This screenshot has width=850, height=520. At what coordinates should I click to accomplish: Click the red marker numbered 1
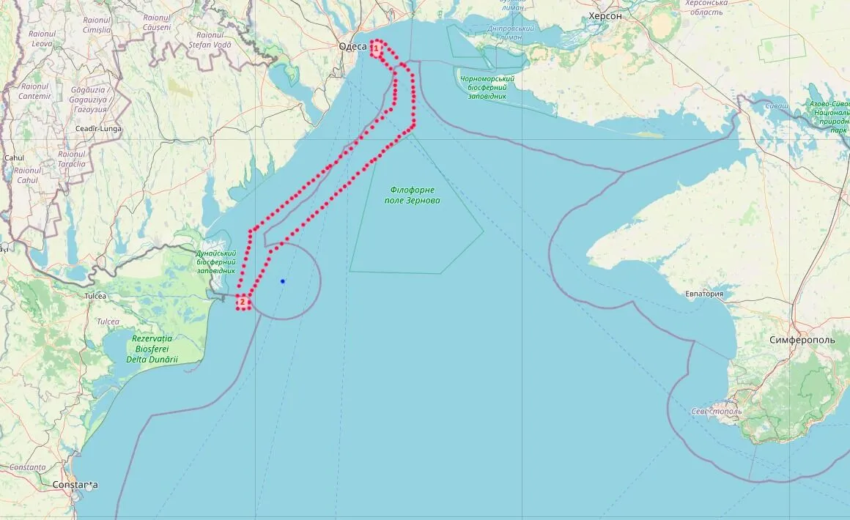[376, 48]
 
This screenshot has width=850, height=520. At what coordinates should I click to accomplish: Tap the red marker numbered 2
[243, 302]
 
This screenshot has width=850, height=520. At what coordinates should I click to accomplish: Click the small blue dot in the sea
[282, 281]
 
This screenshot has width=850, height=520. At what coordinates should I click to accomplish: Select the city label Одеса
[353, 47]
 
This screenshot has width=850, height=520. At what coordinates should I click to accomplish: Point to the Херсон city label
[605, 16]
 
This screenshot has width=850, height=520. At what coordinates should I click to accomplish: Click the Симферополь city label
[802, 341]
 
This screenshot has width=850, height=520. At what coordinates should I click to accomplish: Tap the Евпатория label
[704, 294]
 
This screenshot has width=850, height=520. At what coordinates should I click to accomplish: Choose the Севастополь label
[717, 411]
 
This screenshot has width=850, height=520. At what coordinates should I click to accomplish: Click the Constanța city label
[75, 485]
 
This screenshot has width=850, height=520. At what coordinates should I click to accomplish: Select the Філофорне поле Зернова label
[413, 195]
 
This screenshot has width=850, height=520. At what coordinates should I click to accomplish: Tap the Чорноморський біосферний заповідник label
[484, 87]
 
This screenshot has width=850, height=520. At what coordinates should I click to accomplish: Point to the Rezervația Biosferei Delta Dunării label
[153, 349]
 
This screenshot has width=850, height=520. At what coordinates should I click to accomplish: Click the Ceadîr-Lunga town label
[99, 129]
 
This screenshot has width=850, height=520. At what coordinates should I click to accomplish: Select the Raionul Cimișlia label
[97, 25]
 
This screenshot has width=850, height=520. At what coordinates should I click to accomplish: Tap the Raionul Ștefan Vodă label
[210, 40]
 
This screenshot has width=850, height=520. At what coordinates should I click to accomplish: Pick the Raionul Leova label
[42, 38]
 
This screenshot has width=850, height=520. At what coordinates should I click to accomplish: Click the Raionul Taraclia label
[72, 159]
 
